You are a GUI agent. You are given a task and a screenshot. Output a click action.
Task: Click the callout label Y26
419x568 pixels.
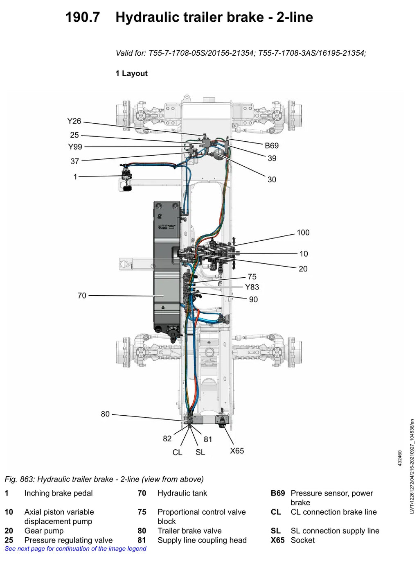(x=74, y=121)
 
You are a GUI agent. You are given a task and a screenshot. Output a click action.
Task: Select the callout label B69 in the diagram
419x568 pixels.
(x=272, y=145)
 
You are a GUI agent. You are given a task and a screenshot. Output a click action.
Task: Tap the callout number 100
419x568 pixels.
(x=303, y=233)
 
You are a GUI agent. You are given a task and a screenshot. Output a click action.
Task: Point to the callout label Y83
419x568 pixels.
(x=252, y=287)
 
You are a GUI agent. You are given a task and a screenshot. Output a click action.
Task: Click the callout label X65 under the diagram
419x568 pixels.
(x=237, y=451)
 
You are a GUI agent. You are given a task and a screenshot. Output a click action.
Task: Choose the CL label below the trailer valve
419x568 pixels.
(x=177, y=452)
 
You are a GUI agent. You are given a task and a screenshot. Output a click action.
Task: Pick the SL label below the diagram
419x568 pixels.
(x=200, y=452)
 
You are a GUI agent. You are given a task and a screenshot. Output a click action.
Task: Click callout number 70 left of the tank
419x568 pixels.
(x=82, y=296)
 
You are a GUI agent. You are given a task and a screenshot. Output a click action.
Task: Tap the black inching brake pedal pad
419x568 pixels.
(x=127, y=188)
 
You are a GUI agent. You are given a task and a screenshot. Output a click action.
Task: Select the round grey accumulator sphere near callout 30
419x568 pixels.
(x=218, y=154)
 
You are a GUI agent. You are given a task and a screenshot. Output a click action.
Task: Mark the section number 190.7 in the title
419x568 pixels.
(x=82, y=18)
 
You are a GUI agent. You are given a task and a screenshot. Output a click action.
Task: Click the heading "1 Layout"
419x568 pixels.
(x=132, y=73)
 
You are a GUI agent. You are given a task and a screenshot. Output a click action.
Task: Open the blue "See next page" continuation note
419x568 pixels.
(x=76, y=548)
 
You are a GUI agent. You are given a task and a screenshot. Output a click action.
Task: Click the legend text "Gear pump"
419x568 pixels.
(x=44, y=531)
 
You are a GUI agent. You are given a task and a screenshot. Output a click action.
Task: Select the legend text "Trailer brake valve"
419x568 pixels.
(x=189, y=531)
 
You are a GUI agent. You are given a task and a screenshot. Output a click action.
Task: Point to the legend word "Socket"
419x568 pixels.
(x=302, y=540)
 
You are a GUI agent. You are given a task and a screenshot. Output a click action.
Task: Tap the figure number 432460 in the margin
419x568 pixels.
(x=400, y=458)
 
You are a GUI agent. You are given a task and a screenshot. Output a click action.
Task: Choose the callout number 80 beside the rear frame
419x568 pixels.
(x=105, y=414)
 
